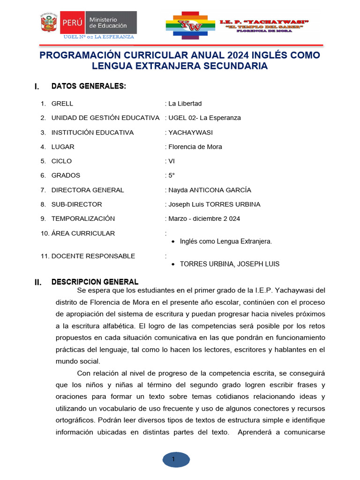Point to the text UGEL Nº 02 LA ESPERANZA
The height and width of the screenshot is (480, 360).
(99, 37)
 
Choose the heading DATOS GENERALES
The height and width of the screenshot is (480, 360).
(89, 86)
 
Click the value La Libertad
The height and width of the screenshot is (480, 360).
(185, 104)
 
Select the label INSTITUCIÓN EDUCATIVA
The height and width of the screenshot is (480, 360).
(92, 133)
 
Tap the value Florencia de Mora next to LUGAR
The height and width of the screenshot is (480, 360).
(195, 147)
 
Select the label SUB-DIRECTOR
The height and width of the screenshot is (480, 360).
(76, 204)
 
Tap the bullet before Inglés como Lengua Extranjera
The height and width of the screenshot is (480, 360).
(173, 242)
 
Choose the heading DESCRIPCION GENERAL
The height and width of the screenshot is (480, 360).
(95, 282)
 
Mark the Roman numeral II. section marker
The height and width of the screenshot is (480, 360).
(38, 283)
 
